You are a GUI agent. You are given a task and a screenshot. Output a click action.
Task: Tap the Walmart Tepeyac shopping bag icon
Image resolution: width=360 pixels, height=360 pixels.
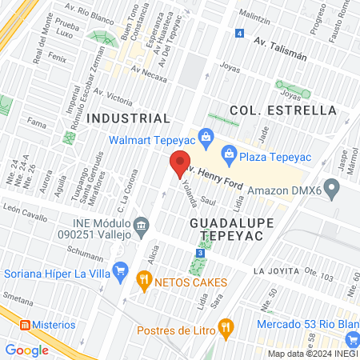206,136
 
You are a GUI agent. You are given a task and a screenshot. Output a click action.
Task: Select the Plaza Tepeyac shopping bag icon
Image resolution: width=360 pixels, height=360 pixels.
229,151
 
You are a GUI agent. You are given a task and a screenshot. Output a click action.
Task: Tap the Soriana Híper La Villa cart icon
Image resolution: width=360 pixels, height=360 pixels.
120,270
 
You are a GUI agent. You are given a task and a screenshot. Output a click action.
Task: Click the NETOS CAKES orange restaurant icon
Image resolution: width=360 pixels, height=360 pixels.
144,281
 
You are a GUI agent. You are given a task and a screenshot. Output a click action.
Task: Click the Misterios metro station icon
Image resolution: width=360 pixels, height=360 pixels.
24,325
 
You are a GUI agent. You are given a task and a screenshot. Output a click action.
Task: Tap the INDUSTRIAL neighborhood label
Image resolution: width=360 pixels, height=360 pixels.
129,118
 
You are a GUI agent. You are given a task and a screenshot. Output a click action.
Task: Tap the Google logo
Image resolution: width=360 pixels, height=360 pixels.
27,350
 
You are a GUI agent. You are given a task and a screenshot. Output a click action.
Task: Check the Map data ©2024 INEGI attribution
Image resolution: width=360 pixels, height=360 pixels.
311,353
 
